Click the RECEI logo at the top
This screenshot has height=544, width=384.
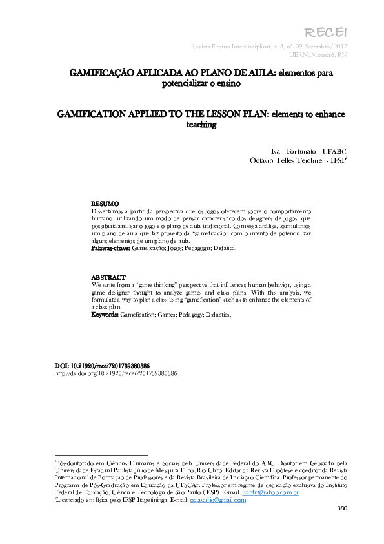(x=334, y=33)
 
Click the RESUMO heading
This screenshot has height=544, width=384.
(x=105, y=203)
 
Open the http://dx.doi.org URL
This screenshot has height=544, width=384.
(x=116, y=373)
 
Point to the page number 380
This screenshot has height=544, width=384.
(x=343, y=508)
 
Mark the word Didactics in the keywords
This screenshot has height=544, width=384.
(x=216, y=315)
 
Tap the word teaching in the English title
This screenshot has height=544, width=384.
(x=201, y=125)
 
